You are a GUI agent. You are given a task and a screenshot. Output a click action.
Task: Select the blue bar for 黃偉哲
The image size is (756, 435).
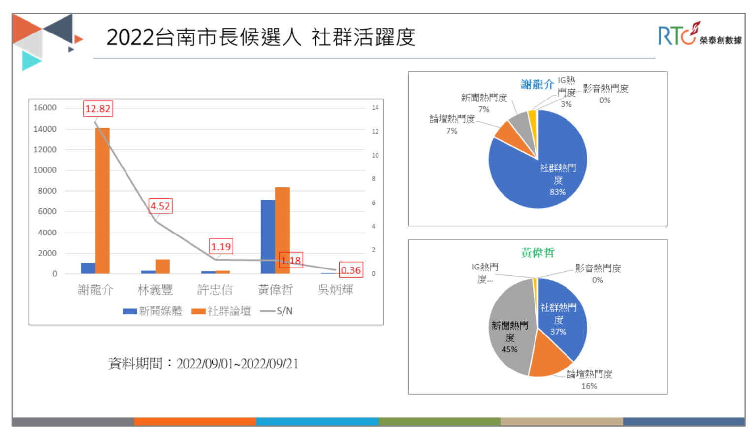click(268, 236)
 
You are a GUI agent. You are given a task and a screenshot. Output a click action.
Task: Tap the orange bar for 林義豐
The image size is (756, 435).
click(162, 267)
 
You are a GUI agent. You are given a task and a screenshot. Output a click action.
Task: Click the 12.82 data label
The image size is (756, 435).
click(98, 109)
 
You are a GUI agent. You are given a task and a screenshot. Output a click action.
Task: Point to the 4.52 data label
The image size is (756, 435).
click(160, 206)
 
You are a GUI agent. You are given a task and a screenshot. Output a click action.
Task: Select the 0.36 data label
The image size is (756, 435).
click(351, 270)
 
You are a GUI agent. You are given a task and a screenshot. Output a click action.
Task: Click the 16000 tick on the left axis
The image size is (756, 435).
click(45, 108)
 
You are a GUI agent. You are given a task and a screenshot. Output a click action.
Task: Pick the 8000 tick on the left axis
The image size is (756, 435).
click(47, 191)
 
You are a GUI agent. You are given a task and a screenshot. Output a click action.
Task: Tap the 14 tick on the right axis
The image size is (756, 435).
click(375, 108)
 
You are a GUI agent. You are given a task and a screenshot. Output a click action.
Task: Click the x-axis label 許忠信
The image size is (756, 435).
click(215, 290)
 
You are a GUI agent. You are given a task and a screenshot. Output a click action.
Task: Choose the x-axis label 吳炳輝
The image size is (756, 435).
click(335, 290)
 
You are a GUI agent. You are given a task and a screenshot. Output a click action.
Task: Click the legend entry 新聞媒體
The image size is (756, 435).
click(153, 311)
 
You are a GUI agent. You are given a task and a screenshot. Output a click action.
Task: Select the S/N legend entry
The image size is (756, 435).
click(277, 311)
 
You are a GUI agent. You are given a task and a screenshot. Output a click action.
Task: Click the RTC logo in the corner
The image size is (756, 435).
click(699, 34)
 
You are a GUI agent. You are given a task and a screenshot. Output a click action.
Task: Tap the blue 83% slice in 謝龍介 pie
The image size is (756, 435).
click(541, 177)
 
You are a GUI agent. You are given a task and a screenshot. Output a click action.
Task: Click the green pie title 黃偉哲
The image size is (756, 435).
click(537, 253)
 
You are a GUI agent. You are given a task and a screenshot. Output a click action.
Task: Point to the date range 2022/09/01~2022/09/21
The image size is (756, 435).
click(237, 364)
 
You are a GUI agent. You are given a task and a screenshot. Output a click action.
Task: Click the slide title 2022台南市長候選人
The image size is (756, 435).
click(204, 37)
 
